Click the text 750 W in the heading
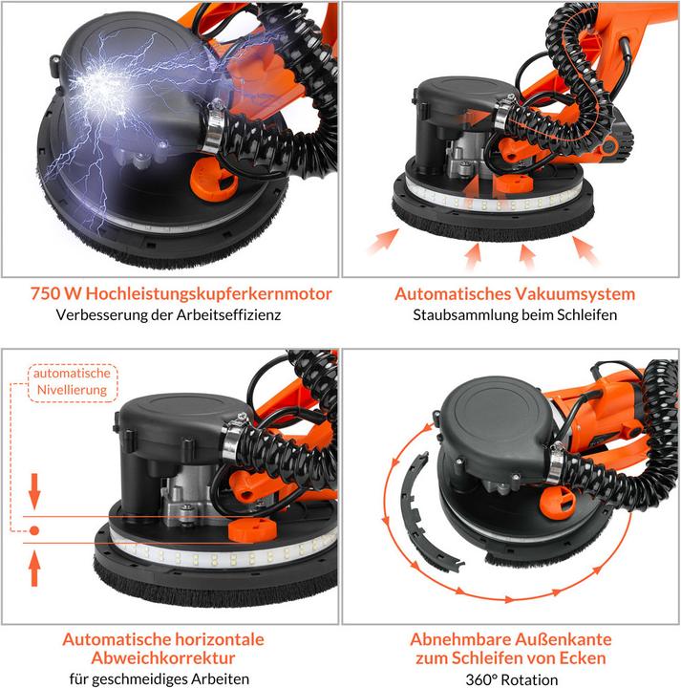tap(52, 292)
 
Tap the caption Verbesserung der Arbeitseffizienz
tap(168, 314)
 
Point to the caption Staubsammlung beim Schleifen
tap(514, 314)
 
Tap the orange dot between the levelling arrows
tap(35, 530)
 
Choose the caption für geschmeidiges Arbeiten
tap(168, 678)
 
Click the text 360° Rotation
tap(511, 678)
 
